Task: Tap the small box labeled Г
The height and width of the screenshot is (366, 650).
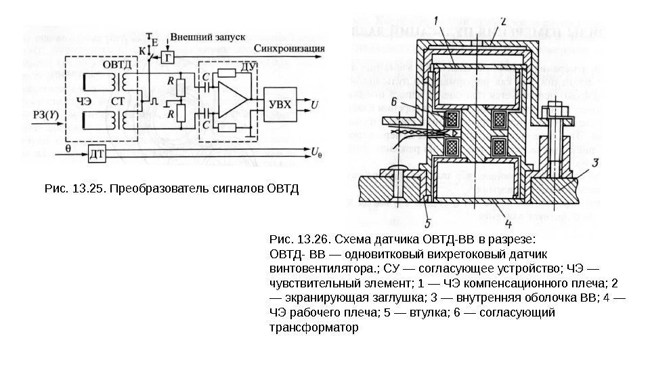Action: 168,58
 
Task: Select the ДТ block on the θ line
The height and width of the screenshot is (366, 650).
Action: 97,153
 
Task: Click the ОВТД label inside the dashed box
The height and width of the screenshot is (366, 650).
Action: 114,65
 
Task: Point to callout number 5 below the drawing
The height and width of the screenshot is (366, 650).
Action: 427,222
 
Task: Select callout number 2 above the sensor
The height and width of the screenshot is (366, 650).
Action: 502,20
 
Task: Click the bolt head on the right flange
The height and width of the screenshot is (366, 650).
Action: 553,109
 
